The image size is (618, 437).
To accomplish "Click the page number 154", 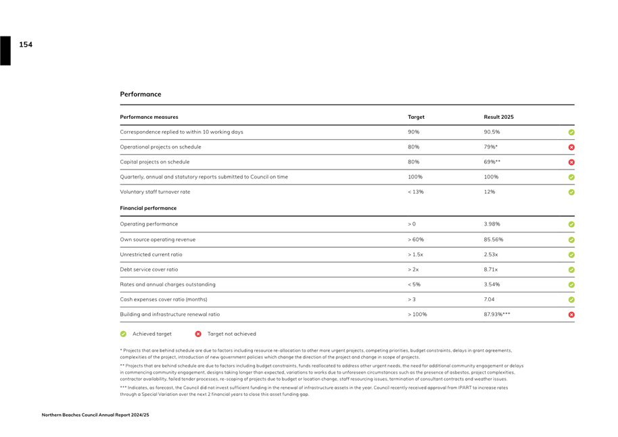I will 26,45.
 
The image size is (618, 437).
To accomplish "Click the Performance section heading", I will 141,95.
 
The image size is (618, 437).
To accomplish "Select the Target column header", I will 416,117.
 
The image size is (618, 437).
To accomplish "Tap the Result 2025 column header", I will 498,117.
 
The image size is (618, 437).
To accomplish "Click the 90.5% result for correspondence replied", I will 492,132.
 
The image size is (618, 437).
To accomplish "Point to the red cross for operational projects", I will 571,147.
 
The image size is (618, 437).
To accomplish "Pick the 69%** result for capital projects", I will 492,162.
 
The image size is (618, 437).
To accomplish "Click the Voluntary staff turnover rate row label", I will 155,192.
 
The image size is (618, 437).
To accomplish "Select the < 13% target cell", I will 415,192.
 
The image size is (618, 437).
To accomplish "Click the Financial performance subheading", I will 148,208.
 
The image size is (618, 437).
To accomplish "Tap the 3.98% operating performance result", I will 492,224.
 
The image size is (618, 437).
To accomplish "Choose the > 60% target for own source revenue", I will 415,239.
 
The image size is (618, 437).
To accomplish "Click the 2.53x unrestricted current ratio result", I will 491,255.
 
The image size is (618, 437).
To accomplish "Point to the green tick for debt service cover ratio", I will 571,270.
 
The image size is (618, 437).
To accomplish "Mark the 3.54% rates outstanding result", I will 492,284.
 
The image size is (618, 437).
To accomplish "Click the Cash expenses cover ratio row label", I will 164,299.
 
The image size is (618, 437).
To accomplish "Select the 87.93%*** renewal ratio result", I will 497,314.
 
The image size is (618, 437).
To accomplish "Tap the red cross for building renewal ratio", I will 571,315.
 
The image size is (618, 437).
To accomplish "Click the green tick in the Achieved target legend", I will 123,334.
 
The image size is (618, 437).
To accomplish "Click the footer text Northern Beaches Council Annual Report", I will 95,415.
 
